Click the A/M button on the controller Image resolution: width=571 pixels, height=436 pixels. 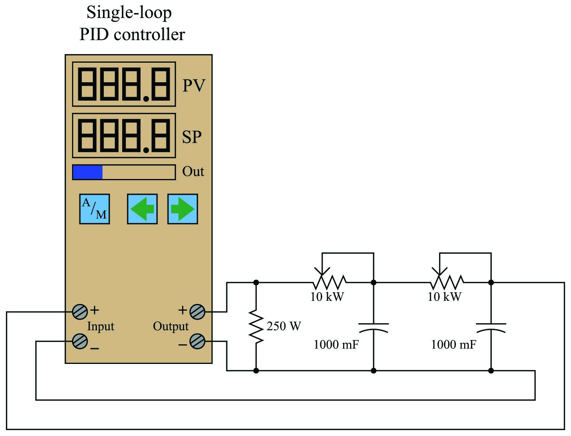[94, 209]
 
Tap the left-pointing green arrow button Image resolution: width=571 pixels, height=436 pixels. [142, 209]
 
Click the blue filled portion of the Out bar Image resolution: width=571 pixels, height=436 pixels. [88, 172]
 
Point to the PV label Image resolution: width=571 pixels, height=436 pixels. [194, 85]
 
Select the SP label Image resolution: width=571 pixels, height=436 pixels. [192, 137]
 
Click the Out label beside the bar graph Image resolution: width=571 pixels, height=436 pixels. [193, 172]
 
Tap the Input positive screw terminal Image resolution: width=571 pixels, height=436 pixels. [80, 312]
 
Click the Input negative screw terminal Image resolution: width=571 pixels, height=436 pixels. [80, 341]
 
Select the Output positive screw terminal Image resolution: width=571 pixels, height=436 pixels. [197, 312]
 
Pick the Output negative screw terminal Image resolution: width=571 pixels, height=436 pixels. [197, 341]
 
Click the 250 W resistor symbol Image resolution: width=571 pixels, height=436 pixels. [256, 326]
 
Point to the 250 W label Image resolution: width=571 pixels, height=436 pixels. [284, 326]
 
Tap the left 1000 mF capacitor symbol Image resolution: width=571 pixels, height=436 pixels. [374, 328]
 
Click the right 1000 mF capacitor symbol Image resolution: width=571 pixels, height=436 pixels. [491, 328]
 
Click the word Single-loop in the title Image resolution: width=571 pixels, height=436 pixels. [129, 13]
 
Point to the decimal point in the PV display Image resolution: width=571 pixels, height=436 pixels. [146, 99]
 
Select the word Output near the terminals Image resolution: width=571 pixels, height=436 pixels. [171, 326]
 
